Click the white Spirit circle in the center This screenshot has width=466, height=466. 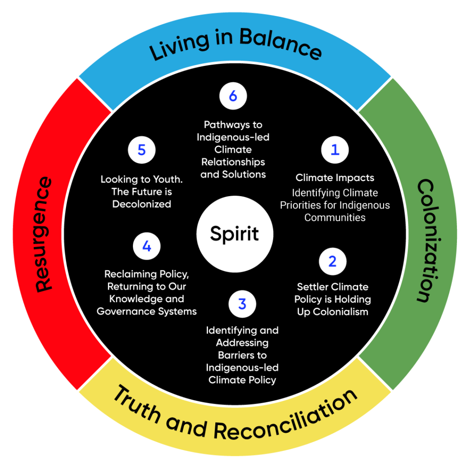(x=234, y=234)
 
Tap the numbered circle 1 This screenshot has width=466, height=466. (x=335, y=150)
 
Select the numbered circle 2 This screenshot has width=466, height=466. (x=333, y=261)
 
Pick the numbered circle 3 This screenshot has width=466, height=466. (x=242, y=304)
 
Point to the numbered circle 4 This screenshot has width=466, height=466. (x=147, y=246)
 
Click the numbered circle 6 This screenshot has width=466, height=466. (x=233, y=96)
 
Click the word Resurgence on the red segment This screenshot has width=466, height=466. (x=44, y=234)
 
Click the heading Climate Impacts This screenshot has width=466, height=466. (x=335, y=177)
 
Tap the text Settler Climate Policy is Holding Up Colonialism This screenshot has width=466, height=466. (x=332, y=299)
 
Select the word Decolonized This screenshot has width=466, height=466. (x=142, y=204)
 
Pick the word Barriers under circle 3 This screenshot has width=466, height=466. (x=242, y=355)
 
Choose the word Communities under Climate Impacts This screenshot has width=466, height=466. (x=335, y=217)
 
